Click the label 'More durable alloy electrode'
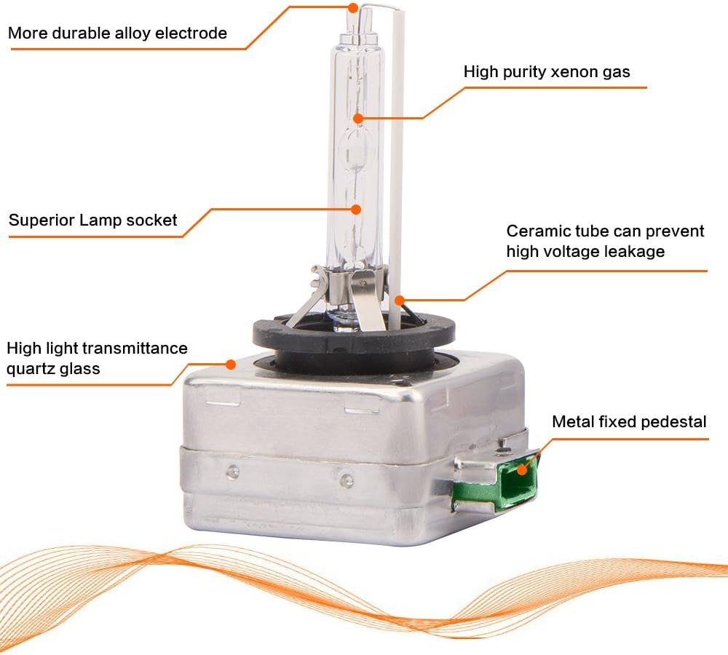pyautogui.click(x=117, y=33)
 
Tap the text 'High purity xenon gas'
pyautogui.click(x=547, y=72)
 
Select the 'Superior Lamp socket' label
pyautogui.click(x=93, y=220)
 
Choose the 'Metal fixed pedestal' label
pyautogui.click(x=629, y=421)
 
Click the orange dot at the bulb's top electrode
pyautogui.click(x=353, y=7)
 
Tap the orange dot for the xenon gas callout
pyautogui.click(x=358, y=119)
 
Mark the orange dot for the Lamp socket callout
pyautogui.click(x=356, y=210)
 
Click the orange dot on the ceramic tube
pyautogui.click(x=399, y=301)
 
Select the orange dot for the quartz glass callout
pyautogui.click(x=230, y=365)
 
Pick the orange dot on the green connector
pyautogui.click(x=522, y=469)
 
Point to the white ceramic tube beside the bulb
pyautogui.click(x=396, y=167)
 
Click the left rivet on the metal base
pyautogui.click(x=233, y=472)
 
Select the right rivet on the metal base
pyautogui.click(x=347, y=480)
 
